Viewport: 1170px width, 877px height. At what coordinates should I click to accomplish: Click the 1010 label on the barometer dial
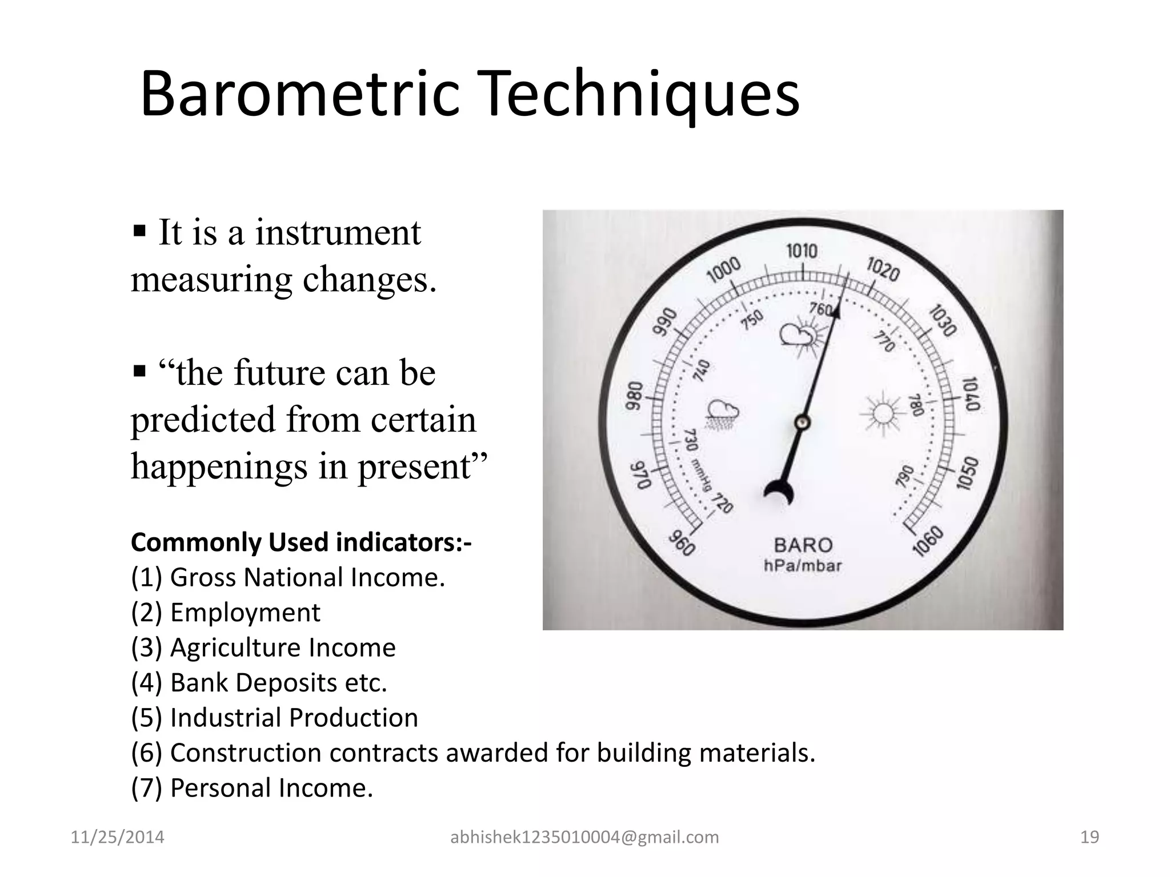(802, 251)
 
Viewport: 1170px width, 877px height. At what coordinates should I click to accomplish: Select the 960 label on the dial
(681, 543)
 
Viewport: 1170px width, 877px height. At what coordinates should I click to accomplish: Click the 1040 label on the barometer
(971, 394)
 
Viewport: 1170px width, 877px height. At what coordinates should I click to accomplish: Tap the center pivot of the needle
(802, 423)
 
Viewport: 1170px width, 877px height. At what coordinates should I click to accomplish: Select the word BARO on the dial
(803, 545)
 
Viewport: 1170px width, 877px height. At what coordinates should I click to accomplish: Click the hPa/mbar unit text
(803, 566)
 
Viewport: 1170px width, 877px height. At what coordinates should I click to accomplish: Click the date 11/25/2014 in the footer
(117, 837)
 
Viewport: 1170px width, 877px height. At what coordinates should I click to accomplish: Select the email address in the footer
(584, 837)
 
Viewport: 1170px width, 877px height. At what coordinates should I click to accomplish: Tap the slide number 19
(1089, 837)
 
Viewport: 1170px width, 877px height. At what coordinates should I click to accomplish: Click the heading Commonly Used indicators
(301, 542)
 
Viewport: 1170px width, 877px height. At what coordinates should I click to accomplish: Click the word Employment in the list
(245, 613)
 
